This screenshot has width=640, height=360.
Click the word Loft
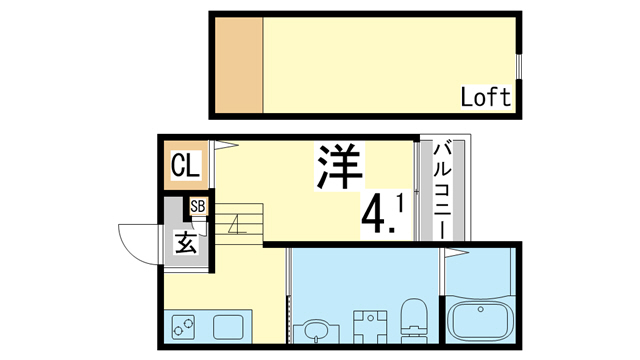coord(486,97)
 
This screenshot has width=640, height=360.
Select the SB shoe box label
coord(198,208)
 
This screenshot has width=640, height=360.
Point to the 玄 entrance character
coord(186,243)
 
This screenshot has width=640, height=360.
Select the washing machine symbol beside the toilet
coord(368,325)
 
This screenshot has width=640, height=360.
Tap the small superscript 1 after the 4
coord(400,203)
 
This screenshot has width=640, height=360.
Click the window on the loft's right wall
coord(519,65)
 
